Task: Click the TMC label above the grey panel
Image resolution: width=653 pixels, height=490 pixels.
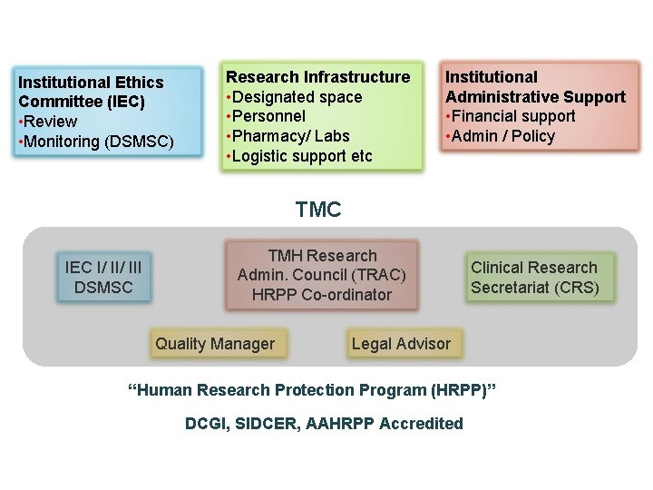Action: (x=318, y=211)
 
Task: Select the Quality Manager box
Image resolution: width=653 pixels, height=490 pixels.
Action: (x=215, y=344)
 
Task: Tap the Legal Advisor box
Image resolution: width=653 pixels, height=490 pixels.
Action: (x=401, y=344)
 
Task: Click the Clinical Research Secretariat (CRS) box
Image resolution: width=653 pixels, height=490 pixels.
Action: (x=534, y=278)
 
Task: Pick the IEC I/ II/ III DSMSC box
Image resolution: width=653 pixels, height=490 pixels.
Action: (x=103, y=277)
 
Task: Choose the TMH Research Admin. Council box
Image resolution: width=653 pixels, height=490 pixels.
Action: (x=322, y=275)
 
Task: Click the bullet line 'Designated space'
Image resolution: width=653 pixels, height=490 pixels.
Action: (x=296, y=97)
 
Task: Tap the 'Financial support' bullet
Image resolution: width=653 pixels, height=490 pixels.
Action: (x=512, y=116)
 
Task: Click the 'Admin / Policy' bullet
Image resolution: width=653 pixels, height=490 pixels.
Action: (x=502, y=136)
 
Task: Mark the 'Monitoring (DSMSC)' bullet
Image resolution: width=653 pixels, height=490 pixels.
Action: (x=98, y=142)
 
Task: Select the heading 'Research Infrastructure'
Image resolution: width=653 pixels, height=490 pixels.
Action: (x=317, y=77)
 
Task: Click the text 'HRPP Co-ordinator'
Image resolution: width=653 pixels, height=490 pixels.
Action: (x=322, y=295)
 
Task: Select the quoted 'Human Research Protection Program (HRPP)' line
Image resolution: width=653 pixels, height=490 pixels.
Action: (x=314, y=390)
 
